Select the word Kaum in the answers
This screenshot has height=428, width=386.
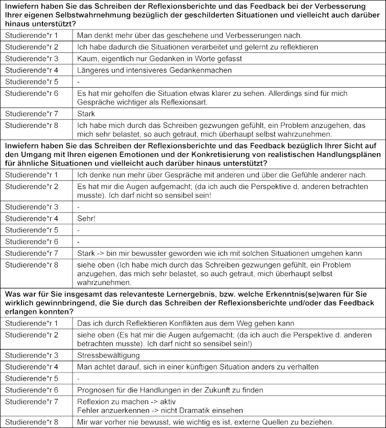tap(86, 58)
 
